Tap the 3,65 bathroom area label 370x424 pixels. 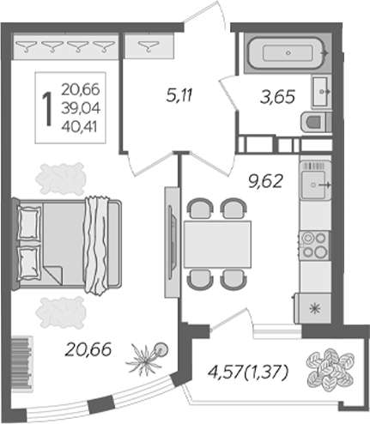point(279,96)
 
